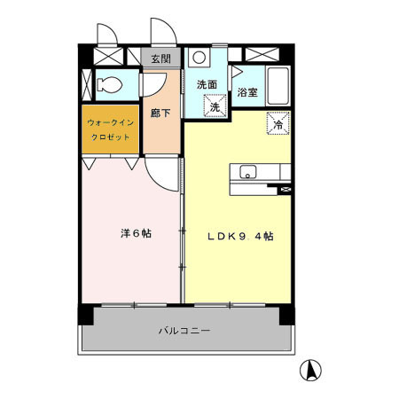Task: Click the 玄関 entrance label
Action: (160, 59)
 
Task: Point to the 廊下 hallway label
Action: (160, 113)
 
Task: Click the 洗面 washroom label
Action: (207, 84)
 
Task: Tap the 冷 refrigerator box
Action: (277, 125)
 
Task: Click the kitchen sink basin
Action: (247, 171)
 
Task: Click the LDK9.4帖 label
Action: (240, 237)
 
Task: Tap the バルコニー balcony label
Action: (184, 330)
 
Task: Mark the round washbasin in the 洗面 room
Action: (199, 59)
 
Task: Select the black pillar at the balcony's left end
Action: (85, 315)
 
